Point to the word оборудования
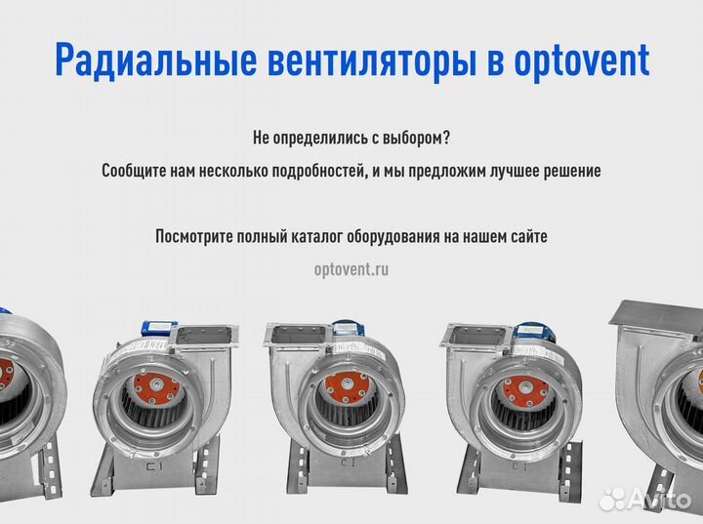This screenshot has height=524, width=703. pos(416,236)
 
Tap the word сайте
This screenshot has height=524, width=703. pos(527,236)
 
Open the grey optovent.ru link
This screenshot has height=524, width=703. pos(351,269)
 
